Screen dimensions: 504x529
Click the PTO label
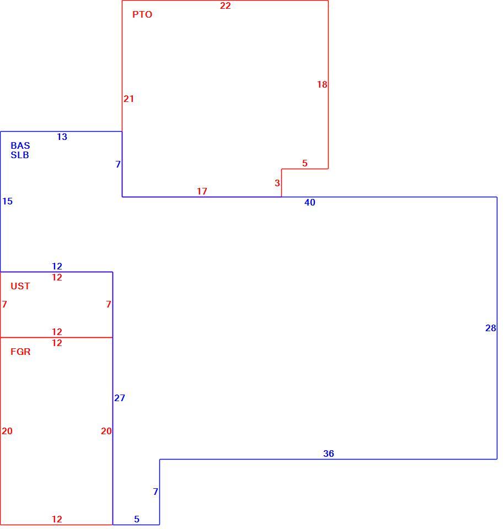coord(142,14)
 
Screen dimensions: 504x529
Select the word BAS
coord(20,145)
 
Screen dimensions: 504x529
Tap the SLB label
coord(20,155)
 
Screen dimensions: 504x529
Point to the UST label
coord(20,286)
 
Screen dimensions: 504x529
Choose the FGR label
coord(20,352)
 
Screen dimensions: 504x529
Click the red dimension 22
coord(225,6)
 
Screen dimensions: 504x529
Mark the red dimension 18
coord(322,84)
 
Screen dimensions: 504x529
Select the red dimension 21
coord(128,99)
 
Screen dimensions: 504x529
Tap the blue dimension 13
coord(62,137)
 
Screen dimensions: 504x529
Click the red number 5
coord(305,163)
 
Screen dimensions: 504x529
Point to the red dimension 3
coord(277,183)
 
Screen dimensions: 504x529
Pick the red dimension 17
coord(202,191)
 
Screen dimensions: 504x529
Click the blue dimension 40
coord(310,202)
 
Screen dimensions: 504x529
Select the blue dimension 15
coord(7,202)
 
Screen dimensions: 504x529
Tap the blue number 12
coord(57,266)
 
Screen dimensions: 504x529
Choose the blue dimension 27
coord(120,398)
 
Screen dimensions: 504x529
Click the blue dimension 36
coord(329,454)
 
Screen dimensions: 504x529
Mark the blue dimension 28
coord(491,328)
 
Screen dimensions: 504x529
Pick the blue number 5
coord(137,519)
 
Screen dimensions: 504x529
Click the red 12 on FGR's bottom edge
coord(57,519)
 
